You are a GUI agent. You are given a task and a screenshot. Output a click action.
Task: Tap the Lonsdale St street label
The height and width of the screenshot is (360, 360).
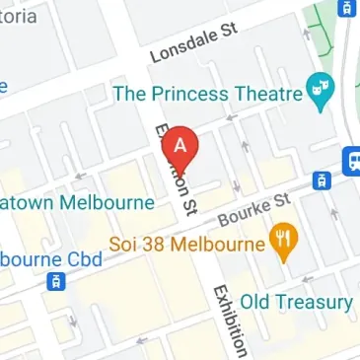[194, 44]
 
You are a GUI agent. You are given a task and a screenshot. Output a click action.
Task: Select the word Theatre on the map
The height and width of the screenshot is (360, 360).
[267, 94]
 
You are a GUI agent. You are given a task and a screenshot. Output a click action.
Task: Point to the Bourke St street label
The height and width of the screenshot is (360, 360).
[255, 208]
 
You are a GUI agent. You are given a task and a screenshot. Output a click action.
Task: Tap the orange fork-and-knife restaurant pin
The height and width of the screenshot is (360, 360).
[286, 243]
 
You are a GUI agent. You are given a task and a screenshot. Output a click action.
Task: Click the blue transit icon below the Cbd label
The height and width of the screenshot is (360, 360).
[57, 283]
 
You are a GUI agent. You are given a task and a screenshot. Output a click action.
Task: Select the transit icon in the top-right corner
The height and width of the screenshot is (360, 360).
[347, 8]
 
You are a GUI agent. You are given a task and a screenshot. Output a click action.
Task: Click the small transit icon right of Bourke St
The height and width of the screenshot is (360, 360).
[321, 180]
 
